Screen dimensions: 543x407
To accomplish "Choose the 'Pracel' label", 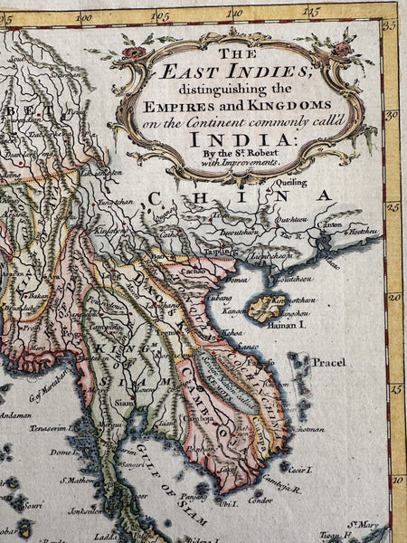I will point(328,362).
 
